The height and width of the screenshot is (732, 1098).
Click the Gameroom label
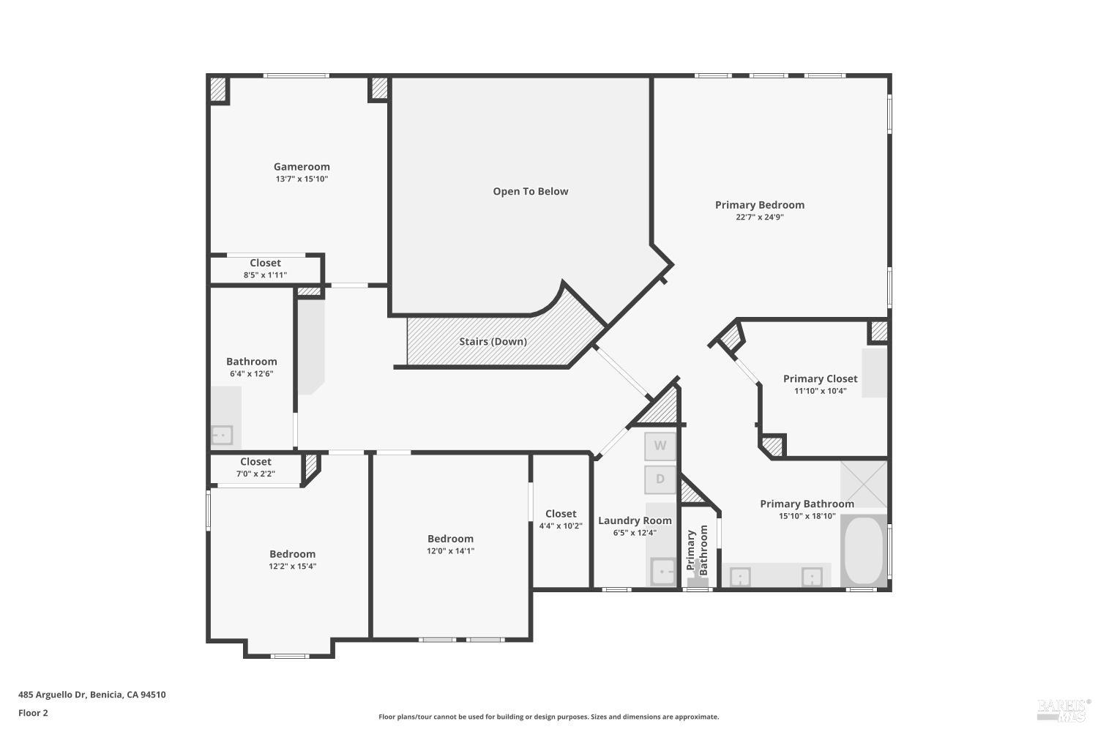pos(302,166)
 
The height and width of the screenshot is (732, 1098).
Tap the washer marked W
pos(660,446)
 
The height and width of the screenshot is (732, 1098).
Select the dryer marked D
pos(660,479)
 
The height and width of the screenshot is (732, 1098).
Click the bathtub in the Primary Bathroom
pos(864,551)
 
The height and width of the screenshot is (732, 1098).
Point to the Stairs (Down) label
pos(493,341)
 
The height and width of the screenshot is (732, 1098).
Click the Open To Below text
pos(530,191)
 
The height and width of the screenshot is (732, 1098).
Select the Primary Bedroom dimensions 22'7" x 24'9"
pos(759,217)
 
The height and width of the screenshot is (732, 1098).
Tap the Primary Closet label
pos(820,378)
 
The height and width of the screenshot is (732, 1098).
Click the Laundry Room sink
pos(663,571)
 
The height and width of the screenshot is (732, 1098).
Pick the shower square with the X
pos(864,484)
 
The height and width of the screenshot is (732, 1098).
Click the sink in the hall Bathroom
pos(221,435)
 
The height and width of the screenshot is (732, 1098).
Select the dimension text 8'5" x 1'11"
pos(265,275)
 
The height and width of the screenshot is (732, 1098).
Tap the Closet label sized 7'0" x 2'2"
pos(255,462)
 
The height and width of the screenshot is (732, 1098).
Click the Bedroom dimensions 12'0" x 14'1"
pos(450,551)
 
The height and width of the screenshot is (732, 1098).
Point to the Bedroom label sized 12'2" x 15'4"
pos(292,554)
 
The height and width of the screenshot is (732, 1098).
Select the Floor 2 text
pos(33,713)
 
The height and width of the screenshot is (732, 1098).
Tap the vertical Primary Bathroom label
pos(697,550)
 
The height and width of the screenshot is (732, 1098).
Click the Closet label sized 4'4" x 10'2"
pos(561,514)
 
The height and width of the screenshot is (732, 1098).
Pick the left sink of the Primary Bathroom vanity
pos(740,577)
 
